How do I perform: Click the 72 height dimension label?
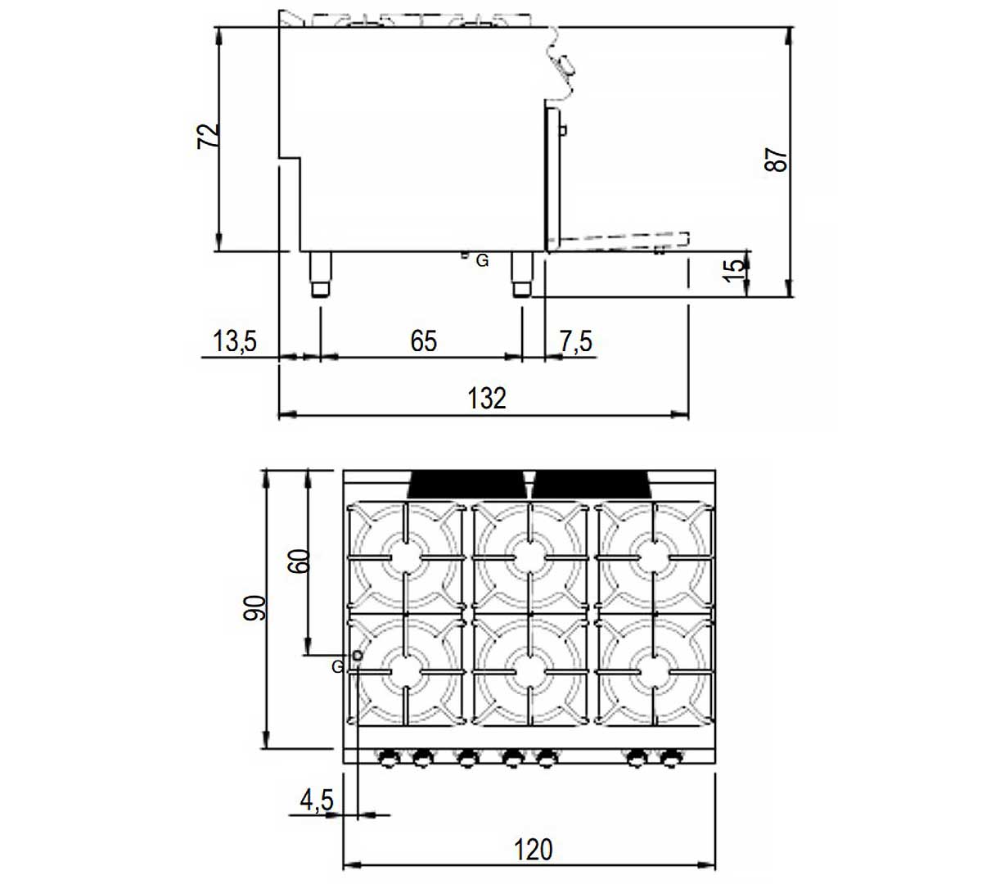click(208, 136)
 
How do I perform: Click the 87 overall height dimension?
click(776, 160)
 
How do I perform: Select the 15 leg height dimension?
click(734, 271)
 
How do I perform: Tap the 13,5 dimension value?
click(235, 341)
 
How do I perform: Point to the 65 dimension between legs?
click(423, 341)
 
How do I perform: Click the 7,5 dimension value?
click(575, 341)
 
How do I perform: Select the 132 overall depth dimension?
click(487, 398)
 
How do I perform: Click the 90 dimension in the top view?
click(255, 608)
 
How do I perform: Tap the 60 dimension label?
click(300, 561)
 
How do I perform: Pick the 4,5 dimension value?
click(316, 801)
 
